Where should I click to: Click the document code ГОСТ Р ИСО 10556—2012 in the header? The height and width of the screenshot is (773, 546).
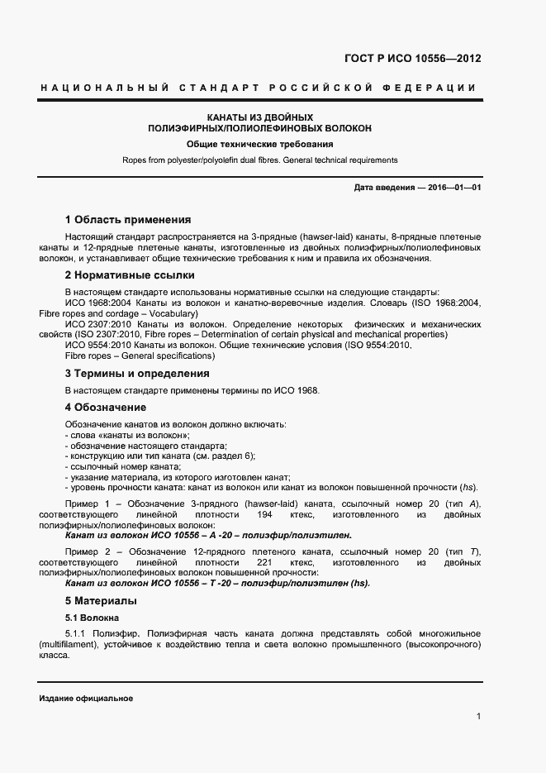click(412, 59)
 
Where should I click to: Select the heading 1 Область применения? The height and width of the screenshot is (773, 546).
click(128, 220)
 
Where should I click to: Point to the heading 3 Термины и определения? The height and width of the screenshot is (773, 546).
click(137, 374)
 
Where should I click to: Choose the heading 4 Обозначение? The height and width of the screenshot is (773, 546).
click(106, 408)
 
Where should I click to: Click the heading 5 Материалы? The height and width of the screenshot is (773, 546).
click(101, 600)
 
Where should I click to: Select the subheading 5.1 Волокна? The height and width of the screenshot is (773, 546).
click(93, 618)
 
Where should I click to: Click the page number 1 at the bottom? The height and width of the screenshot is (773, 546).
click(478, 716)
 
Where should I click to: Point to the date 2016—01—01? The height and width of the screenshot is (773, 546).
click(453, 188)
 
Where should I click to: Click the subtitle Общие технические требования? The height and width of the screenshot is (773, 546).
click(259, 145)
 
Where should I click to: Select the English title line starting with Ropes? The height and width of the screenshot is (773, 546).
click(259, 160)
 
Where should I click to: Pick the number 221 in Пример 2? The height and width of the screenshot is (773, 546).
click(264, 562)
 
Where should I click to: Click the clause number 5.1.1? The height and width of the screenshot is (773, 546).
click(75, 634)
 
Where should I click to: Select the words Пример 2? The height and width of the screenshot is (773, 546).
click(85, 551)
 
